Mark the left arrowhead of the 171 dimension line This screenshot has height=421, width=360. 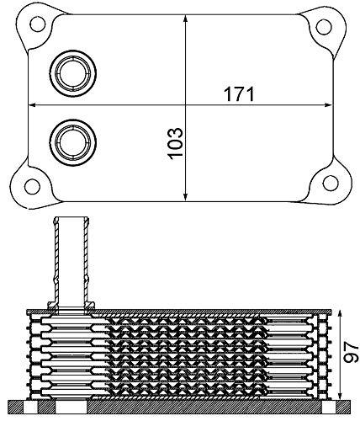click(34, 104)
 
